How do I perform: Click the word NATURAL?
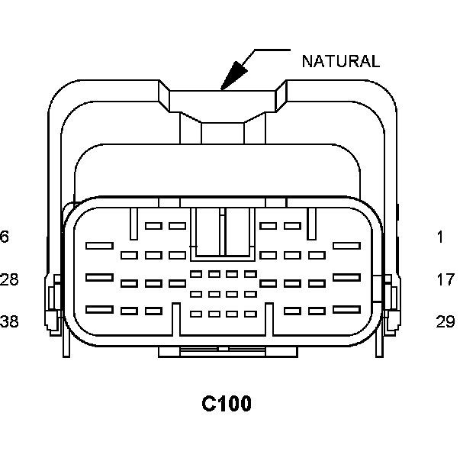pos(340,62)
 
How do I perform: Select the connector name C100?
pos(227,403)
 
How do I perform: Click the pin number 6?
pos(5,237)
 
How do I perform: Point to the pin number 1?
pos(440,237)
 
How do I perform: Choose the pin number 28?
pos(9,279)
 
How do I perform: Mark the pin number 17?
pos(445,279)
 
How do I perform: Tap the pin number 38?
pos(9,321)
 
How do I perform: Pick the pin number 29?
pos(445,321)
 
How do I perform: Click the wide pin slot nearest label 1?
pos(346,245)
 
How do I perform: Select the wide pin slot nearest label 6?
pos(99,245)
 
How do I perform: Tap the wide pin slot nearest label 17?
pos(346,277)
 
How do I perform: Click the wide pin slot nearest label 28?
pos(99,277)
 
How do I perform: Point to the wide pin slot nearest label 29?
pos(346,309)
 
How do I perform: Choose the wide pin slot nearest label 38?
pos(99,309)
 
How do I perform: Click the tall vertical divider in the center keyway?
pos(222,233)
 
